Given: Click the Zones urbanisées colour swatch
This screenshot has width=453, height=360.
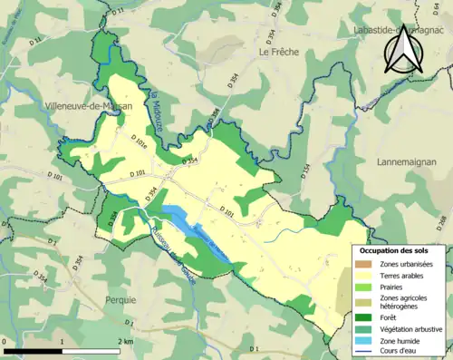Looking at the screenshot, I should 367,264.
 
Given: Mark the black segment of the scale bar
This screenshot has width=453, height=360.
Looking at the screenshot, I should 34,351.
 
